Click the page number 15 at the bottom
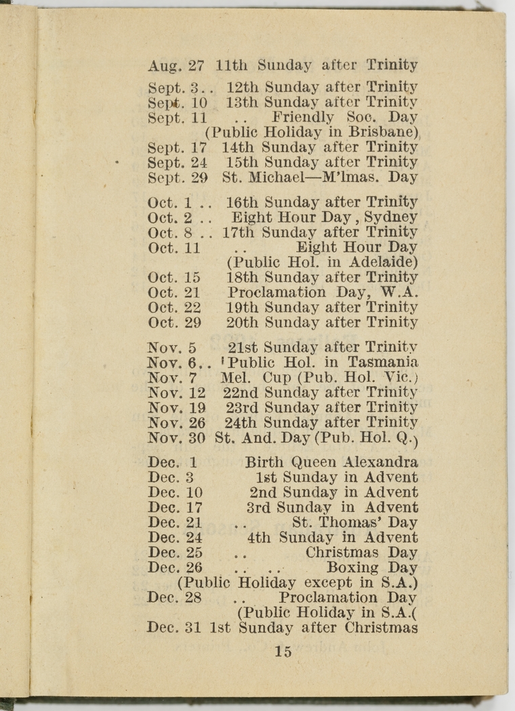coord(283,651)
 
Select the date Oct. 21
coord(174,293)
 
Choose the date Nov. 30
coord(176,437)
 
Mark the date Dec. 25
coord(174,553)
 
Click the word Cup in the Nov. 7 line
coord(274,377)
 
